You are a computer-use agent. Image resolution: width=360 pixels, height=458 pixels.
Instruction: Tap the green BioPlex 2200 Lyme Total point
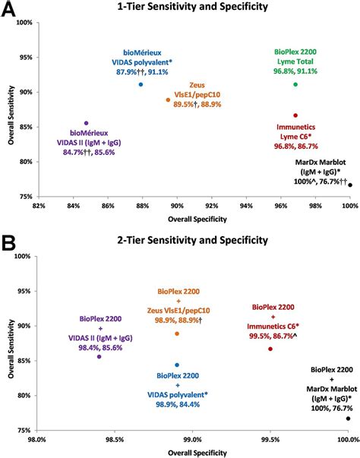(295, 84)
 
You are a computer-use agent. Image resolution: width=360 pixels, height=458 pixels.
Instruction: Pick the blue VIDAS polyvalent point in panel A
(141, 84)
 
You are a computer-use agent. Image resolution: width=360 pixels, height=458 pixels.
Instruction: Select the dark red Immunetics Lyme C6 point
(295, 115)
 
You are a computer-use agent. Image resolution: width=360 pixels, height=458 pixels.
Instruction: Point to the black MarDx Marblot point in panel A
(350, 185)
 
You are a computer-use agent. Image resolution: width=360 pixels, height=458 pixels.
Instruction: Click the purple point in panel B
(99, 356)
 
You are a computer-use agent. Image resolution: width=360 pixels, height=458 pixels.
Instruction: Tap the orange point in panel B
(177, 333)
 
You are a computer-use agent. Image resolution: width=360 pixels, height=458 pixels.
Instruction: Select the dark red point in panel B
(270, 349)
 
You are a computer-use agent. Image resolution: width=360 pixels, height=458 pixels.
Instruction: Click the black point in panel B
(348, 418)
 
